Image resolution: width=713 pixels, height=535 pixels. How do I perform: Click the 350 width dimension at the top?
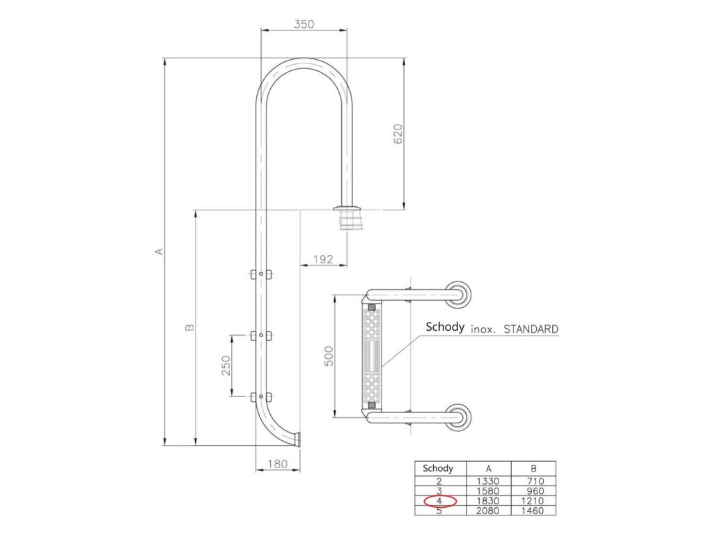click(x=304, y=24)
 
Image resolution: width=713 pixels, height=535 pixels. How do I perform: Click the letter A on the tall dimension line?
click(x=159, y=251)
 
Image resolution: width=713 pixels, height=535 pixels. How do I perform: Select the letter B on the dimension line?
click(x=190, y=326)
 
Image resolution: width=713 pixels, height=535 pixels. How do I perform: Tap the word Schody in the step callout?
click(x=445, y=327)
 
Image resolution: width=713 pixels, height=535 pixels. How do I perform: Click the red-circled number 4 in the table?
click(x=439, y=501)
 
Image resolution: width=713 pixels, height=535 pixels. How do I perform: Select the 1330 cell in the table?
click(x=487, y=481)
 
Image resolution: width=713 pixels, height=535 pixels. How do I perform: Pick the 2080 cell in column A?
click(x=487, y=511)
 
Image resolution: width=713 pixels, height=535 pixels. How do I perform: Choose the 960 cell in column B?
click(x=533, y=490)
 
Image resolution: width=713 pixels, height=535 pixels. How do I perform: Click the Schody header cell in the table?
click(x=439, y=469)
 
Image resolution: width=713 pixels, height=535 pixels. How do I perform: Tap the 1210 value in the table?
click(x=533, y=501)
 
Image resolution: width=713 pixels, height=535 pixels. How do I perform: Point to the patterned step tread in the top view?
click(x=373, y=355)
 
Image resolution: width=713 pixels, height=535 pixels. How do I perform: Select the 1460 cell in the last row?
click(x=533, y=511)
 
